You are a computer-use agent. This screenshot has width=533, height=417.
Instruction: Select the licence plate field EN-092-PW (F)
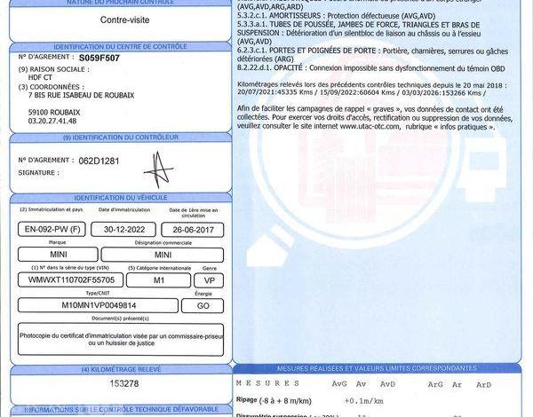[x=52, y=230]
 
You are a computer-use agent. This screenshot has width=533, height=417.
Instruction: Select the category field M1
[x=159, y=279]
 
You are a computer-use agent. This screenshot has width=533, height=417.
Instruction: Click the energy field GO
[x=202, y=305]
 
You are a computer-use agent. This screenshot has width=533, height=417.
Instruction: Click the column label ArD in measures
[x=483, y=383]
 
